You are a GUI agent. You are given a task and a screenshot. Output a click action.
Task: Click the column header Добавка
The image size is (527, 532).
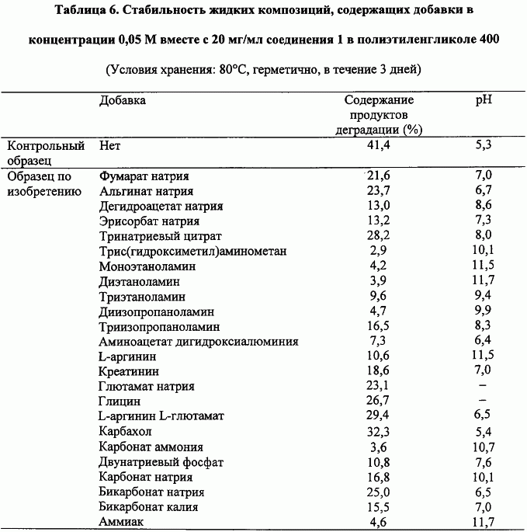tap(122, 101)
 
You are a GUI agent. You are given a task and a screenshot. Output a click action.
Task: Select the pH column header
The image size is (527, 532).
tap(484, 101)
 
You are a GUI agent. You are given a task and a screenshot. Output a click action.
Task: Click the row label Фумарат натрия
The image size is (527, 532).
tap(144, 176)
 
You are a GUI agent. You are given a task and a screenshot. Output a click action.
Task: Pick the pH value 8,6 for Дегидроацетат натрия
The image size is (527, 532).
tap(484, 206)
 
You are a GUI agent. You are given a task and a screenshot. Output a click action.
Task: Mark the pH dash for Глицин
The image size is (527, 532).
tap(483, 402)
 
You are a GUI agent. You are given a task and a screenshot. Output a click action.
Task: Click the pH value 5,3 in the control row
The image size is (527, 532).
tap(484, 145)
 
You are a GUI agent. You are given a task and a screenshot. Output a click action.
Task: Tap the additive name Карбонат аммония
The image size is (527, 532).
tap(151, 447)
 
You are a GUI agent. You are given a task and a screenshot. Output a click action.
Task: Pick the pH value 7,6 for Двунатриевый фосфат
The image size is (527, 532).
tap(484, 461)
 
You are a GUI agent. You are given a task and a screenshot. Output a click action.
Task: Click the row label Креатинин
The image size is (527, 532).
tap(130, 371)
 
